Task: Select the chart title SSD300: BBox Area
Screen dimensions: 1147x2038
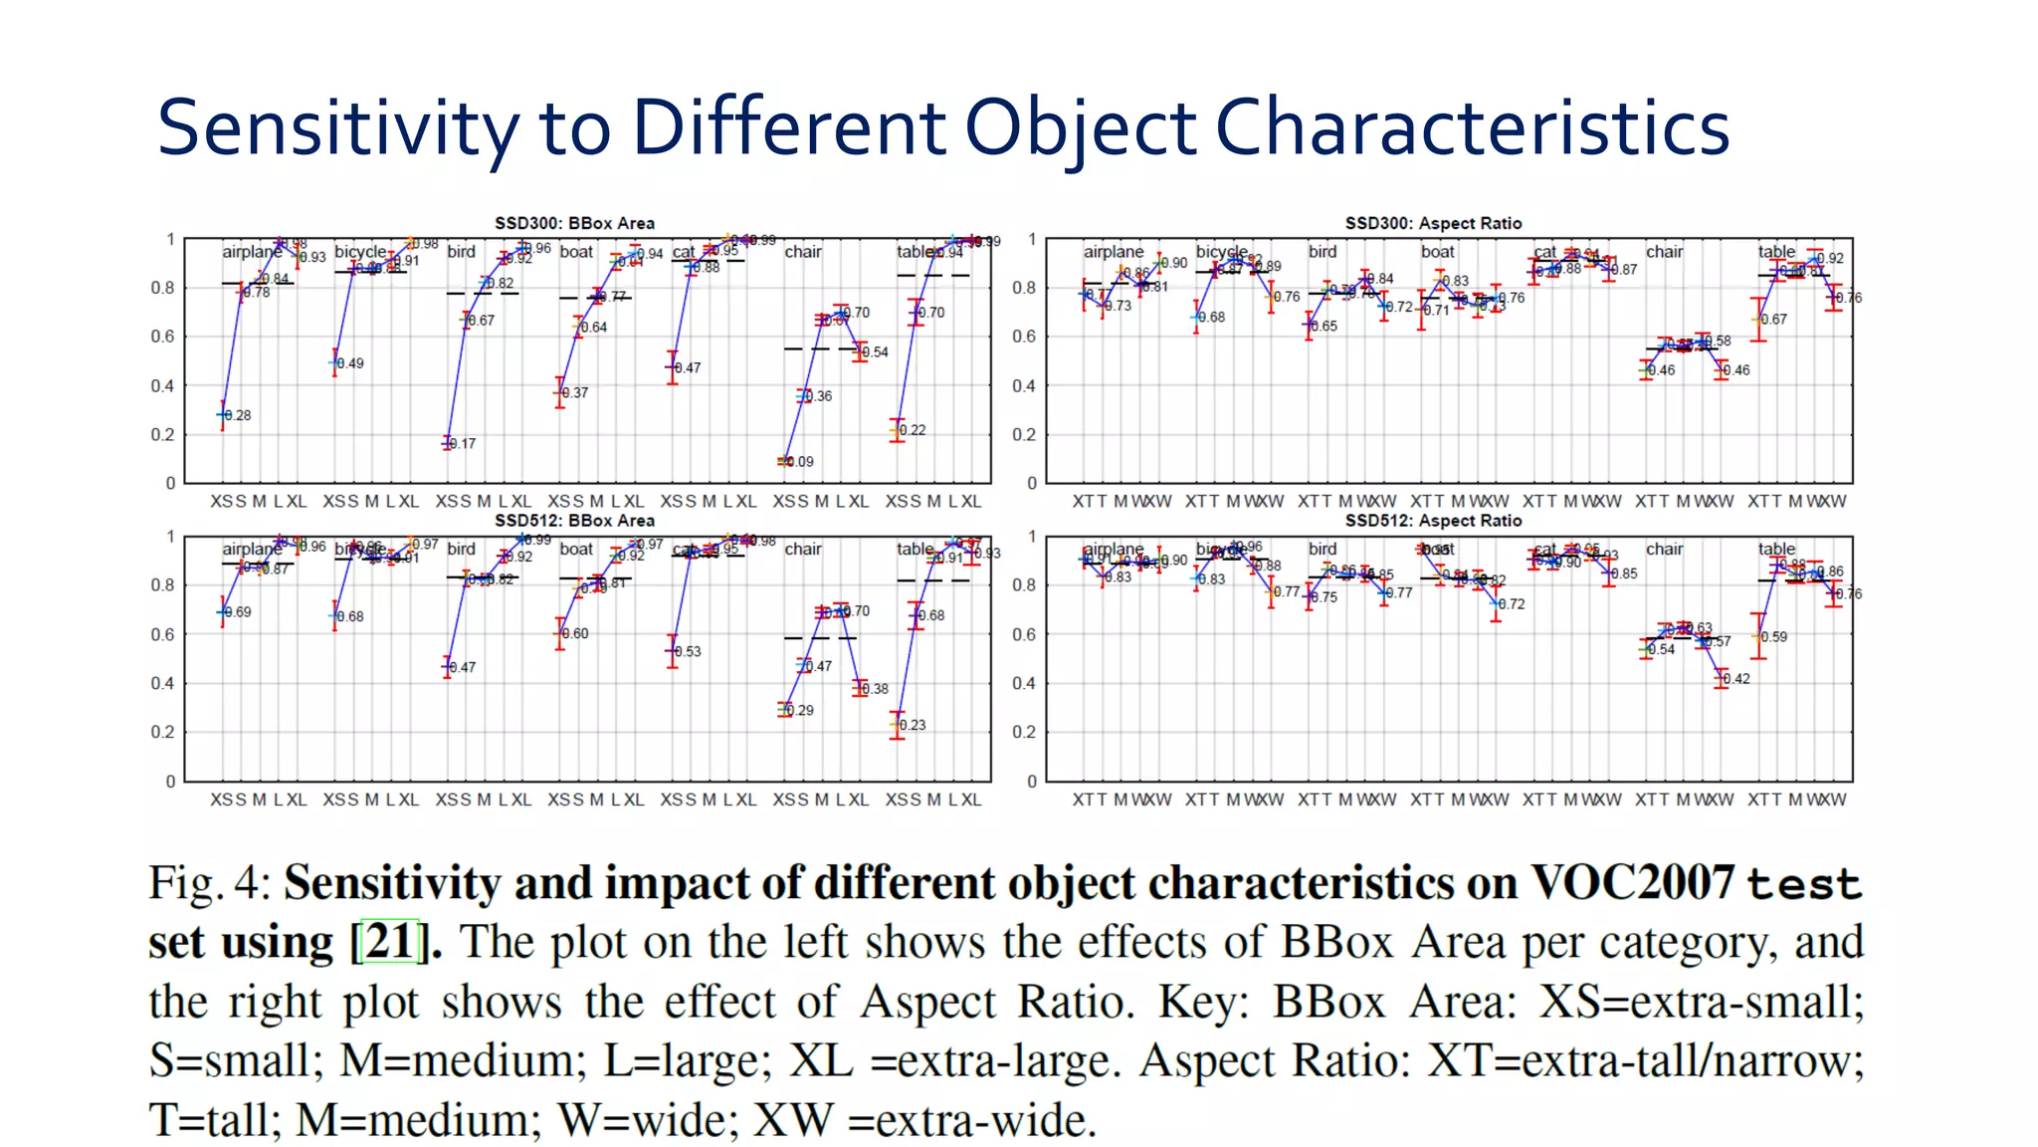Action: click(x=574, y=223)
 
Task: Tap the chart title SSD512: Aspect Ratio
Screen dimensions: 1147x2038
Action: click(x=1433, y=521)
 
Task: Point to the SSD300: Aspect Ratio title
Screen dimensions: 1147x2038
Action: click(x=1433, y=223)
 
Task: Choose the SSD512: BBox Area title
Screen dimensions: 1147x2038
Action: click(x=574, y=521)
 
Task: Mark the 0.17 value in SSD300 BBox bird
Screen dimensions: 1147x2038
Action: click(x=464, y=444)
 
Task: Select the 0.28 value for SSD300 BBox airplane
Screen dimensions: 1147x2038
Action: click(x=239, y=415)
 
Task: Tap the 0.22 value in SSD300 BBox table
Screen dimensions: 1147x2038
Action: click(x=914, y=430)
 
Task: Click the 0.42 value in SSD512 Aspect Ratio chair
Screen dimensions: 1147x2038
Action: click(x=1736, y=679)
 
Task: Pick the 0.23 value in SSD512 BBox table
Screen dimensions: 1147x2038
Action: click(x=914, y=725)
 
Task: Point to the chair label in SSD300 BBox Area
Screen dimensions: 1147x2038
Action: click(x=803, y=252)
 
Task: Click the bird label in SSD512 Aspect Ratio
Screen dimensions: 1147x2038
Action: click(x=1323, y=549)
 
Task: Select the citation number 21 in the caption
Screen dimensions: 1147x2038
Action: click(x=389, y=941)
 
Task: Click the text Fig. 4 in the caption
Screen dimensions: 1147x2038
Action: click(x=209, y=883)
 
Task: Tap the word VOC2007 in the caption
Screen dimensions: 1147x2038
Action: click(x=1632, y=883)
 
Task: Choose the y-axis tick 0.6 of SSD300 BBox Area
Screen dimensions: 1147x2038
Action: click(x=162, y=337)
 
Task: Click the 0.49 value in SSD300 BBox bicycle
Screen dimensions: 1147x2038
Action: click(x=351, y=363)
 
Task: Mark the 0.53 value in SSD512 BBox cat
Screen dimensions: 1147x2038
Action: click(x=689, y=652)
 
